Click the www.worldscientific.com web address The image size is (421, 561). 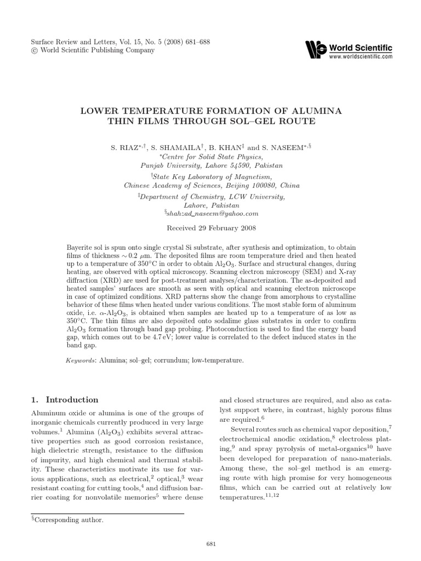coord(361,56)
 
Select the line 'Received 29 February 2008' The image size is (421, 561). coord(210,227)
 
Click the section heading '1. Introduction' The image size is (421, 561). coord(65,399)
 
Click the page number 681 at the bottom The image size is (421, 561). coord(210,543)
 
